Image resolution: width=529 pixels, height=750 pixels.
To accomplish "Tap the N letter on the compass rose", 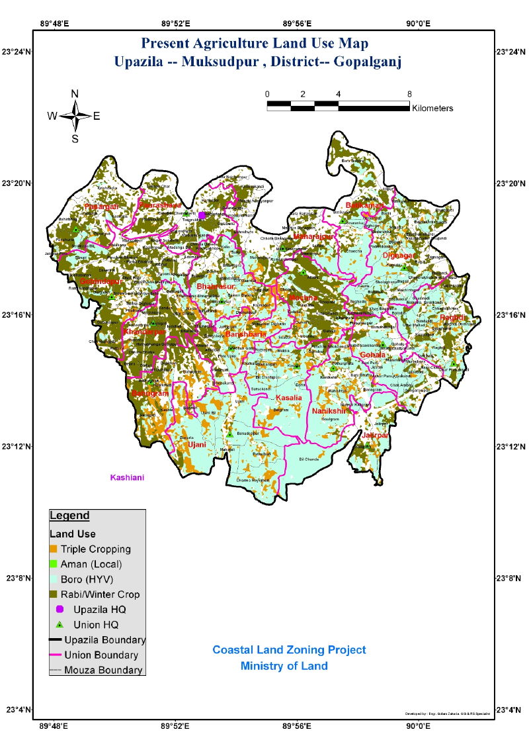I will pos(75,93).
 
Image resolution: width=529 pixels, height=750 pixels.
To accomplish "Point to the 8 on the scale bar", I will pos(409,94).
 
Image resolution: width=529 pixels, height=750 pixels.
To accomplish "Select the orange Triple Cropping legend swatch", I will pos(54,549).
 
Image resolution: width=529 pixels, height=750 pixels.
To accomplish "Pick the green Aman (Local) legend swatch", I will pos(54,564).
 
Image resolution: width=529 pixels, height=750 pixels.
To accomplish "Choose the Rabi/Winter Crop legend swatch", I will pos(54,594).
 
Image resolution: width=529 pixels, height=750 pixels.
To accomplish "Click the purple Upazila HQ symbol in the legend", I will pos(59,609).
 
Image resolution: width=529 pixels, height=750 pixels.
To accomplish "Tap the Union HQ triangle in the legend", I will pos(59,624).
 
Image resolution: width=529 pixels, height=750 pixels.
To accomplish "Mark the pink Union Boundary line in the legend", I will pos(56,655).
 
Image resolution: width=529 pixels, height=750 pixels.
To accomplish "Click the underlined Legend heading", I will pos(69,516).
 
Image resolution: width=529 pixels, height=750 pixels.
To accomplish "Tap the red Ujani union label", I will pos(196,445).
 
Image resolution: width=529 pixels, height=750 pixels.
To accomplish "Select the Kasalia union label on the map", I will pos(288,398).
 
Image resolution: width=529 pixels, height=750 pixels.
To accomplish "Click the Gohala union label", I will pos(372,355).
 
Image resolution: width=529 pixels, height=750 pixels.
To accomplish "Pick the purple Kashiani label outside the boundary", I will pos(127,477).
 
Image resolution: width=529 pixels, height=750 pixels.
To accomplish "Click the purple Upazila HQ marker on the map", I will pos(202,215).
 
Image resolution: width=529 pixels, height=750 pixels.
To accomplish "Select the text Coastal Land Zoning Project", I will pos(289,650).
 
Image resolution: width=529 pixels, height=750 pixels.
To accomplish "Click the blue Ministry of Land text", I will pos(284,666).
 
